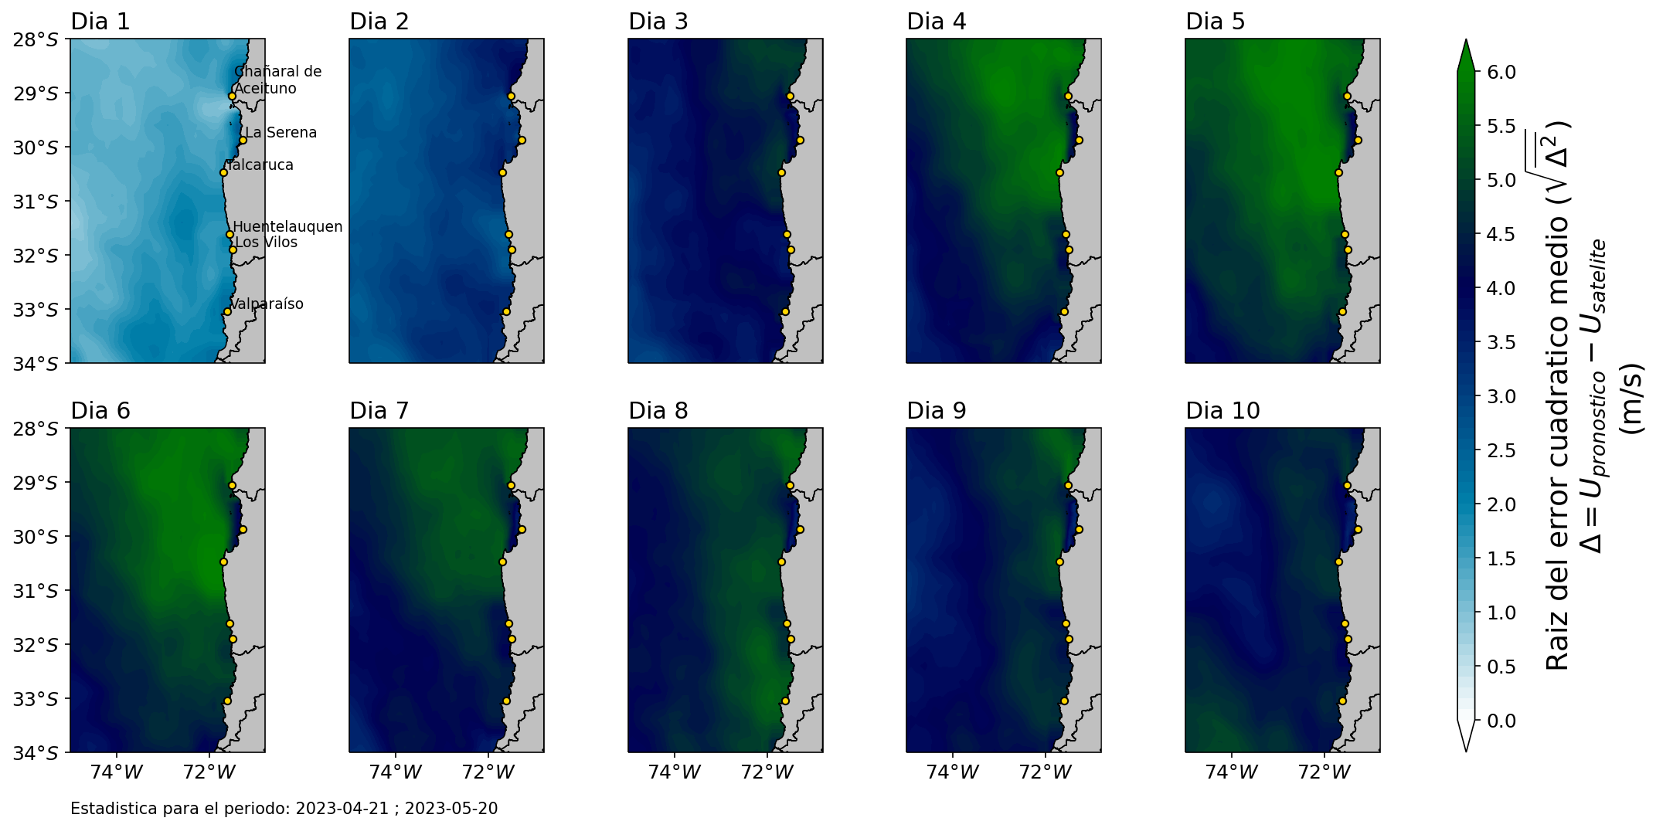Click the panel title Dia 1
coord(100,22)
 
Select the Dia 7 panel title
coord(379,411)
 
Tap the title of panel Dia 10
coord(1222,411)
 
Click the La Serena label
coord(281,133)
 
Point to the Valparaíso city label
coord(267,304)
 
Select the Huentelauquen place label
coord(287,227)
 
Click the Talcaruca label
coord(260,165)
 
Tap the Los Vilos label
coord(266,243)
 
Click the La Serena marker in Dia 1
coord(243,141)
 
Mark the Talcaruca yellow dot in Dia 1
coord(223,172)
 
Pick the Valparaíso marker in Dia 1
coord(227,311)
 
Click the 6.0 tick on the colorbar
coord(1501,72)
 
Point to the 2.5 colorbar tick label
coord(1501,450)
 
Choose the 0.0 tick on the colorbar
coord(1501,721)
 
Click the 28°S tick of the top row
coord(36,39)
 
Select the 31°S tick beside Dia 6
coord(36,591)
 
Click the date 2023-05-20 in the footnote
coord(451,809)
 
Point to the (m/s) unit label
coord(1630,399)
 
